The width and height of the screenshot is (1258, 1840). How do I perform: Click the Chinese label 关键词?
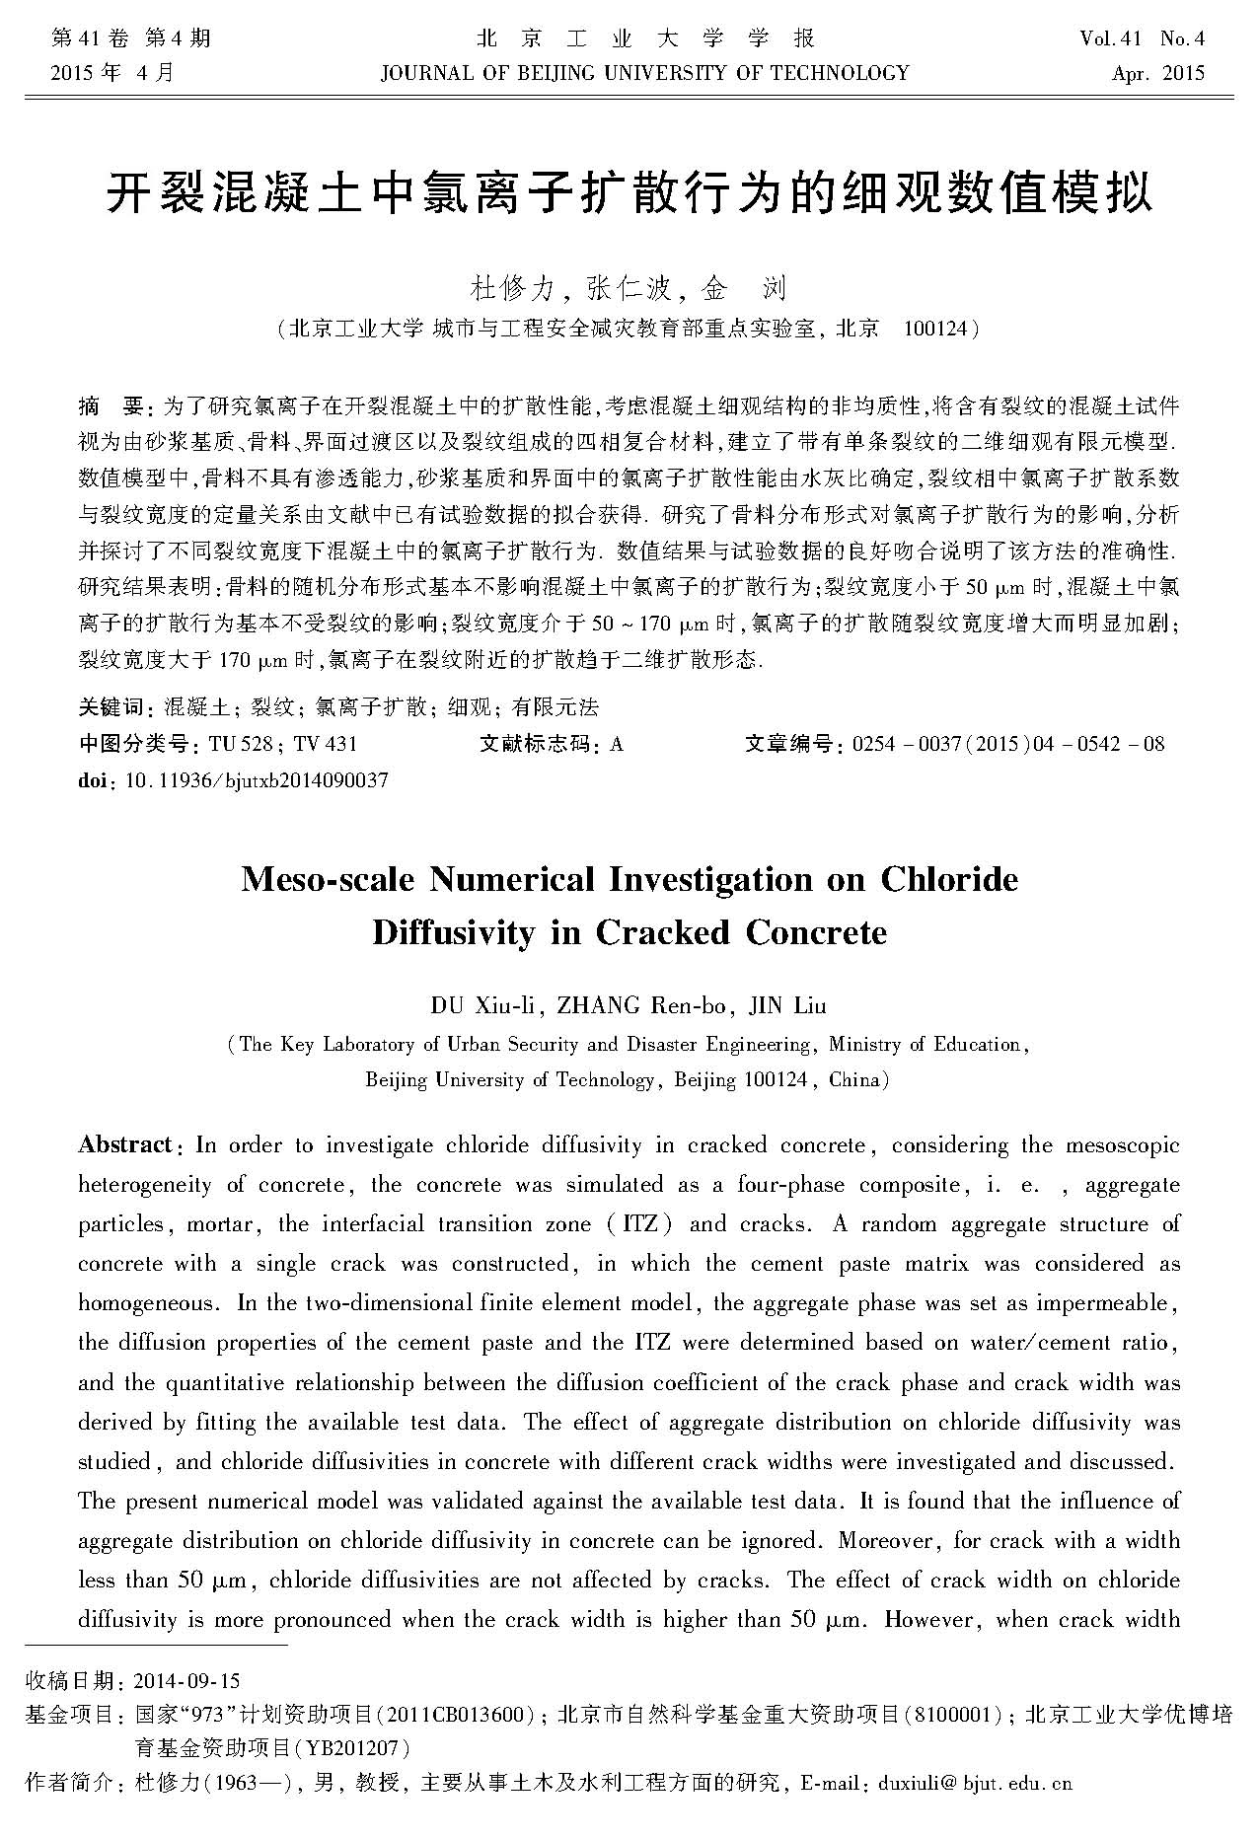tap(111, 706)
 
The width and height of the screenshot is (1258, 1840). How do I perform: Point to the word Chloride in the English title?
tap(948, 879)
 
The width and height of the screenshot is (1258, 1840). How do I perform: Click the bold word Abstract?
tap(125, 1145)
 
